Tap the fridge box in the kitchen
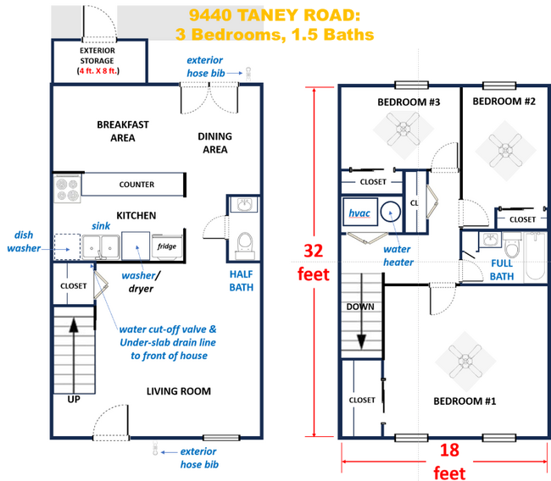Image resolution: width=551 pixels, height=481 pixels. click(x=164, y=246)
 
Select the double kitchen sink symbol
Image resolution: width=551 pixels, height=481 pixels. click(x=100, y=246)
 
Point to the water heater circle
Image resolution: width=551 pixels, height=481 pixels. click(x=392, y=213)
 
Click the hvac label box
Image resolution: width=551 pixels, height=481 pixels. click(x=359, y=213)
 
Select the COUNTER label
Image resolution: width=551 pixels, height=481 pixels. click(x=136, y=184)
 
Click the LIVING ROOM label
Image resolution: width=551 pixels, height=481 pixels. click(x=178, y=391)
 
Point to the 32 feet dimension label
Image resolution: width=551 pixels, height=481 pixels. click(x=314, y=263)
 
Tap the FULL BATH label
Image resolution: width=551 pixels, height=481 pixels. click(x=502, y=270)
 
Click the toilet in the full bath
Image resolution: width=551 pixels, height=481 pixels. click(x=512, y=250)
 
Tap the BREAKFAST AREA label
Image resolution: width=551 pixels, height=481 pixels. click(x=122, y=131)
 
